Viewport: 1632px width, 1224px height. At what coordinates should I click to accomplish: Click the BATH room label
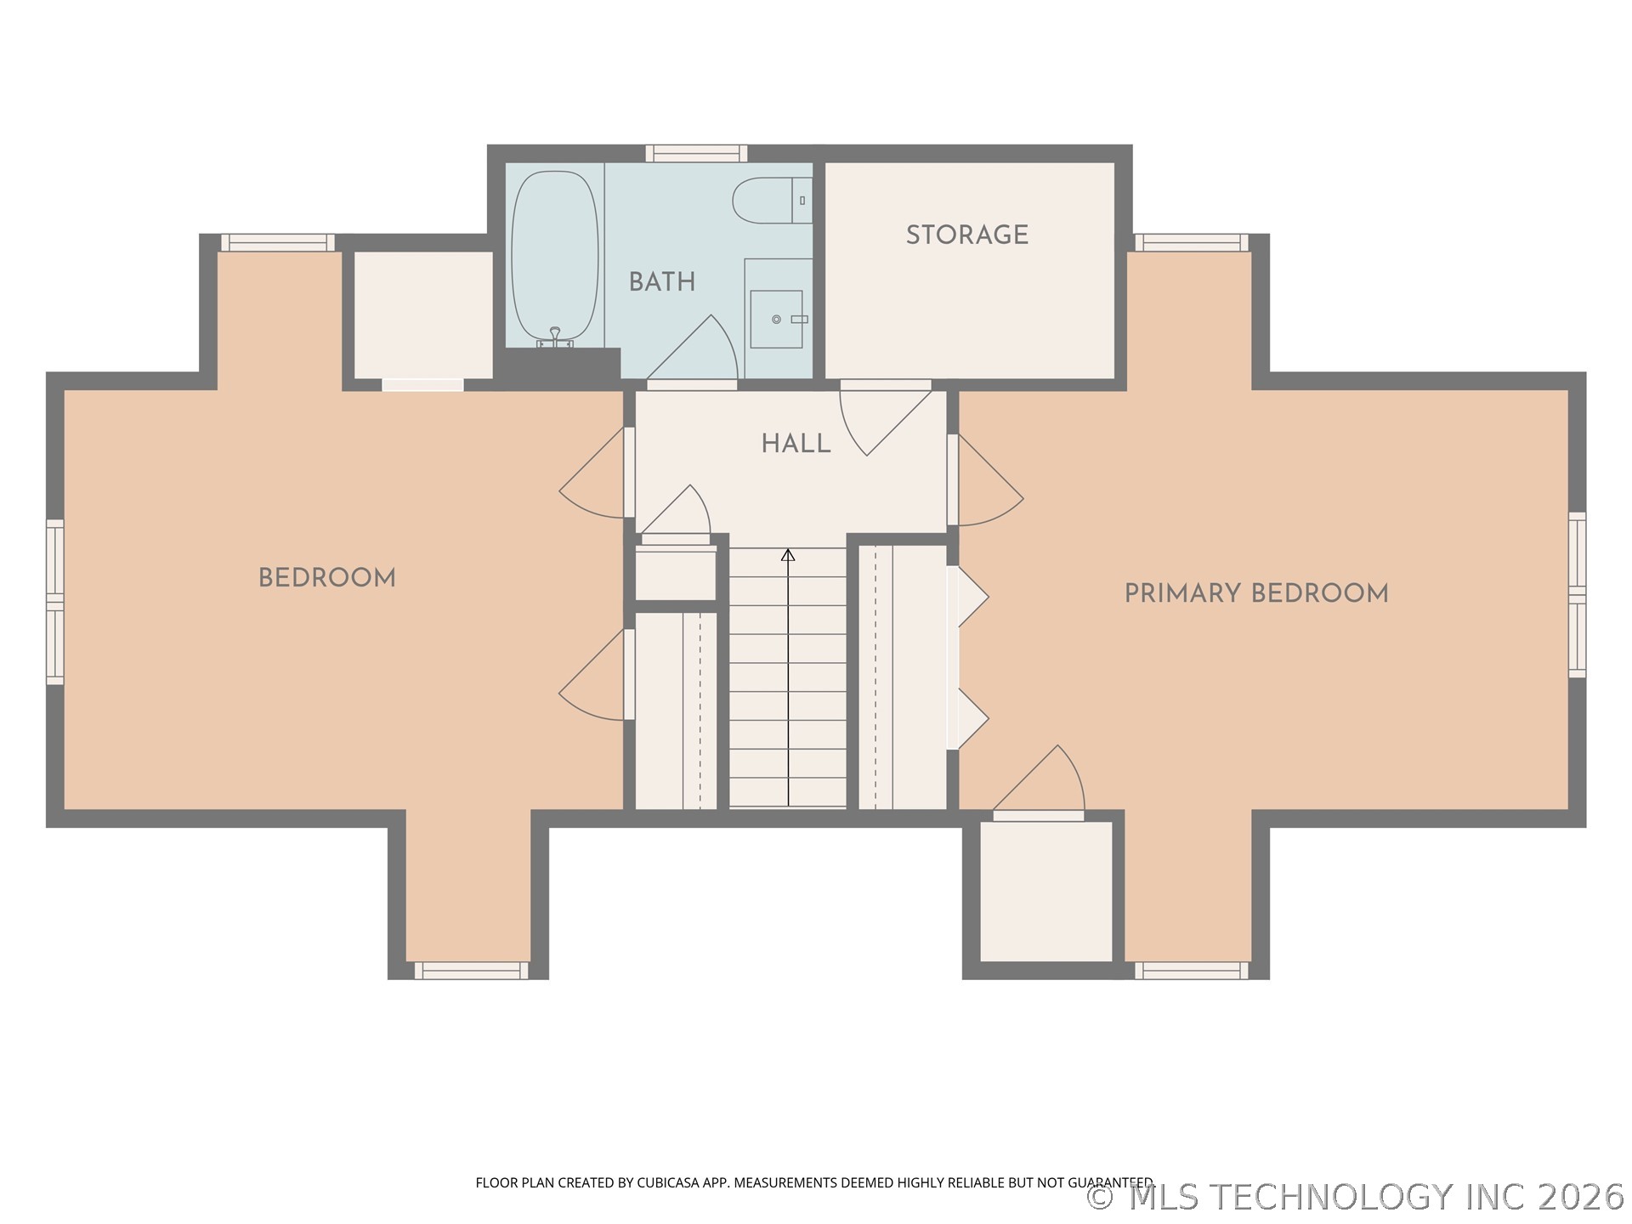pyautogui.click(x=662, y=282)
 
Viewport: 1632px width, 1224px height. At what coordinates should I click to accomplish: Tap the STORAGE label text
pyautogui.click(x=967, y=235)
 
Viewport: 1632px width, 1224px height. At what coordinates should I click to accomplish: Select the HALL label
pyautogui.click(x=796, y=444)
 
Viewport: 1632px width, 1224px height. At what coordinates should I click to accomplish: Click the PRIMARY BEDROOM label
pyautogui.click(x=1256, y=593)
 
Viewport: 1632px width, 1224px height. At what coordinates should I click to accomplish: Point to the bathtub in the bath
pyautogui.click(x=554, y=258)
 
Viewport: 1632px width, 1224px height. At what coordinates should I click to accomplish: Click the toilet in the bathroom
pyautogui.click(x=773, y=201)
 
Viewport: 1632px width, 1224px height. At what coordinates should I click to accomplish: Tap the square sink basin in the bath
pyautogui.click(x=776, y=319)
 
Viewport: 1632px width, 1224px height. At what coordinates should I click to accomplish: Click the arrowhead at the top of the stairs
pyautogui.click(x=788, y=555)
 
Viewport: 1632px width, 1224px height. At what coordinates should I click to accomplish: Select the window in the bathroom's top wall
pyautogui.click(x=696, y=154)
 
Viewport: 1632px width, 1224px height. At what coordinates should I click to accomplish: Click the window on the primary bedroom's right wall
pyautogui.click(x=1577, y=595)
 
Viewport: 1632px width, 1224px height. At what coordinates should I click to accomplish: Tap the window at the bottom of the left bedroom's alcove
pyautogui.click(x=471, y=971)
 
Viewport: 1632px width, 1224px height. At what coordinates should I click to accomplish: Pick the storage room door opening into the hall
pyautogui.click(x=886, y=419)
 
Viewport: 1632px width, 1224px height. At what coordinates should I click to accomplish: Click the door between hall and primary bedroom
pyautogui.click(x=986, y=480)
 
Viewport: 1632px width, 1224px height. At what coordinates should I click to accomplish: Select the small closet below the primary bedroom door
pyautogui.click(x=1046, y=891)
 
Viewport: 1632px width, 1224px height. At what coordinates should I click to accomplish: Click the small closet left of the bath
pyautogui.click(x=423, y=314)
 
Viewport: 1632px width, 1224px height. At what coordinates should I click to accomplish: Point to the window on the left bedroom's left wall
pyautogui.click(x=54, y=602)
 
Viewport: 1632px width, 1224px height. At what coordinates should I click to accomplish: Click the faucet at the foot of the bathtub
pyautogui.click(x=555, y=338)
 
